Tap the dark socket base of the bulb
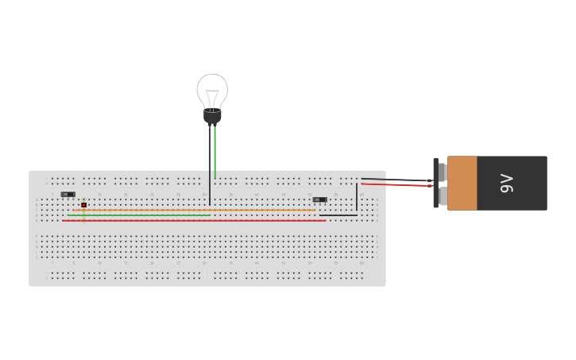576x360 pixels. [x=212, y=117]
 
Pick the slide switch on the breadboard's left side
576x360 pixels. [x=68, y=194]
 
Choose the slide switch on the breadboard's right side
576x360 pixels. [x=319, y=199]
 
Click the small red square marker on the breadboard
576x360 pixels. [x=83, y=205]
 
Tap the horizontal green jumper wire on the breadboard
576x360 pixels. [x=139, y=215]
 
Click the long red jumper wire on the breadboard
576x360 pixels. [x=195, y=220]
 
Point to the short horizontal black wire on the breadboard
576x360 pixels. [x=338, y=215]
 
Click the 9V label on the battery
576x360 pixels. [x=507, y=183]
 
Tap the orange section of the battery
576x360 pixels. [x=462, y=183]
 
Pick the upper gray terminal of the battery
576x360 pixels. [x=443, y=172]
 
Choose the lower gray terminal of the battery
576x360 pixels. [x=443, y=195]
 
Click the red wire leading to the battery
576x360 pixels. [x=397, y=185]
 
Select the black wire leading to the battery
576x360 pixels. [x=397, y=180]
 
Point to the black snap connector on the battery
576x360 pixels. [x=435, y=183]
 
